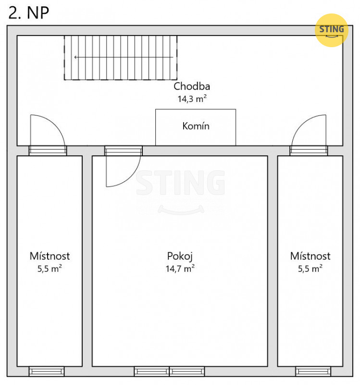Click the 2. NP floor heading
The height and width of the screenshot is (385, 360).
coord(29,13)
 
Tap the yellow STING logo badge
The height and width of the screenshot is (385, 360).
coord(332,30)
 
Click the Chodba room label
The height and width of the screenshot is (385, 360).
coord(192,87)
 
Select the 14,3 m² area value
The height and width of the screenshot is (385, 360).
coord(192,99)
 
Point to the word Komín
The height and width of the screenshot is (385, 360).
coord(196,126)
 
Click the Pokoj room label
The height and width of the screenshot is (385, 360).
coord(180,257)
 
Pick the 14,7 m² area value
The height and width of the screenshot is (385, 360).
coord(180,269)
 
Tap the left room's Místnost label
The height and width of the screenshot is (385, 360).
coord(50,256)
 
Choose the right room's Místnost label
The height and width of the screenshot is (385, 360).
coord(310,256)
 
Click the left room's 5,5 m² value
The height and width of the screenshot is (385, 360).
coord(50,269)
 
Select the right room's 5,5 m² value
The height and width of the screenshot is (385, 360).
coord(310,269)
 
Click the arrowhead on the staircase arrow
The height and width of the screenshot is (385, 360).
coord(76,57)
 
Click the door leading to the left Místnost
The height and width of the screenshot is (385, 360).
coord(48,151)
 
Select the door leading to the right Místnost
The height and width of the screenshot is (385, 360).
coord(309,151)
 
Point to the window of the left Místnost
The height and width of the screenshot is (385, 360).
coord(47,371)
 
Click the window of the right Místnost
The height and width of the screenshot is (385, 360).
coord(313,371)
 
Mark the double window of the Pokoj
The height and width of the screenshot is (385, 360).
coord(169,371)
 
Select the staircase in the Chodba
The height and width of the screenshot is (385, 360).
coord(121,58)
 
